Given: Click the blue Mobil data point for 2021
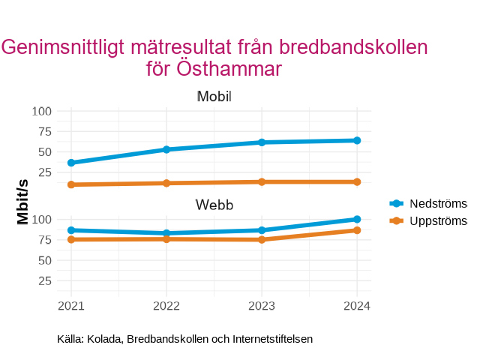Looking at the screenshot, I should [71, 163].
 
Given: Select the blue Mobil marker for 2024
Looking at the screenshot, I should [357, 140].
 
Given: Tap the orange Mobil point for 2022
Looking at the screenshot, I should [166, 183].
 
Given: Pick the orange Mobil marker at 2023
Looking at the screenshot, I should [262, 181].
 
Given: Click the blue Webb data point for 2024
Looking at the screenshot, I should [357, 219].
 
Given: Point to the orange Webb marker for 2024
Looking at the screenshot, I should [357, 230].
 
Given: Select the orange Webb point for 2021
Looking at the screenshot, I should [71, 239].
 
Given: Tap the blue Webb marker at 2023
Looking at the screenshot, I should [262, 230].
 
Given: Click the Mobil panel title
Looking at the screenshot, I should [214, 97].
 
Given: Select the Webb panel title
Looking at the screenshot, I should [214, 205].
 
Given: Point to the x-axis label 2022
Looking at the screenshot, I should [166, 306].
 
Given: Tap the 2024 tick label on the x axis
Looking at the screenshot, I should [357, 306].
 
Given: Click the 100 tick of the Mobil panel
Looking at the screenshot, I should [43, 111].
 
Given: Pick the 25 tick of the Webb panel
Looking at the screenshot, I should [46, 281].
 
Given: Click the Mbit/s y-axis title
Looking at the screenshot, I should [23, 201].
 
